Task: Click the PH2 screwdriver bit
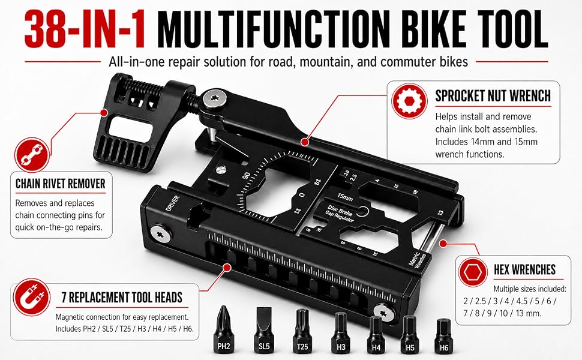click(x=223, y=329)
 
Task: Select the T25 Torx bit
click(x=302, y=331)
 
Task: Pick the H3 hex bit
click(x=341, y=332)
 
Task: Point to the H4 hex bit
click(x=376, y=334)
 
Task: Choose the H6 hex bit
click(x=443, y=335)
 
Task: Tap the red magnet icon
click(x=32, y=297)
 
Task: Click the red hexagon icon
click(x=472, y=272)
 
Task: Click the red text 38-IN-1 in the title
click(x=85, y=29)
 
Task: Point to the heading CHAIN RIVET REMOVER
click(x=61, y=184)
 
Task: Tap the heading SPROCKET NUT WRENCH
click(x=493, y=96)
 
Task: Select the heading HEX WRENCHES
click(x=524, y=269)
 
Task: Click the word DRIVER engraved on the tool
click(x=173, y=204)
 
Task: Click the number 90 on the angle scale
click(x=247, y=176)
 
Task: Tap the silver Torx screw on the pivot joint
click(x=215, y=99)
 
